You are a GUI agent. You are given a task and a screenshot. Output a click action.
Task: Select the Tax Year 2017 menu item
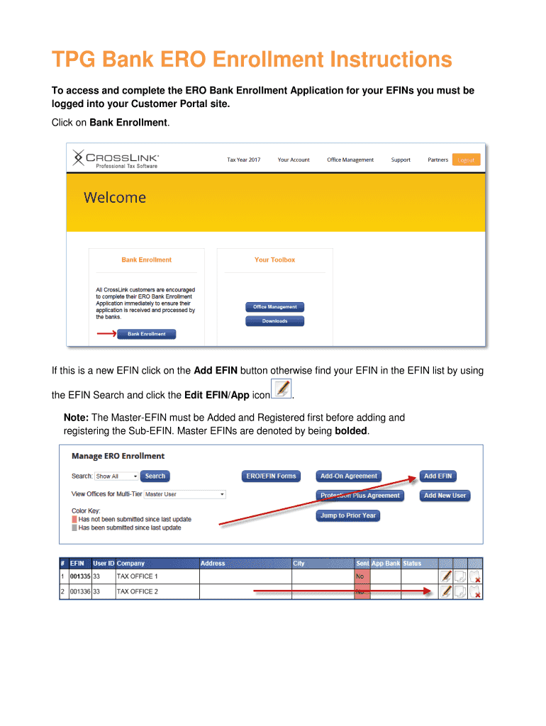click(x=243, y=160)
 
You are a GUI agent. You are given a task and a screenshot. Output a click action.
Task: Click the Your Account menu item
click(x=294, y=160)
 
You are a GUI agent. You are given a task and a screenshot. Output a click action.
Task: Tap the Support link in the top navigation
click(x=401, y=160)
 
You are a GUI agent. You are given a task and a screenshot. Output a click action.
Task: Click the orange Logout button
click(x=466, y=160)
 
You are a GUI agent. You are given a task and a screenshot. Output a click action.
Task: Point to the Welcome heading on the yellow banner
click(x=115, y=198)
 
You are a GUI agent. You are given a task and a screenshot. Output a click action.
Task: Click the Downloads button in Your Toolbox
click(x=274, y=321)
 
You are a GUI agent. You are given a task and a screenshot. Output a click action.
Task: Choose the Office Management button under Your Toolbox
click(x=274, y=307)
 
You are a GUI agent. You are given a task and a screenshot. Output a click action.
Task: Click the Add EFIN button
click(x=438, y=476)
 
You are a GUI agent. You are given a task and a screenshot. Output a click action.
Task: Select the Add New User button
click(x=445, y=496)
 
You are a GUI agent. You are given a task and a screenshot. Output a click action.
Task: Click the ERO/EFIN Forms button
click(x=271, y=476)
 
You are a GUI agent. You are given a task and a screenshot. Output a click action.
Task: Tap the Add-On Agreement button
click(x=349, y=476)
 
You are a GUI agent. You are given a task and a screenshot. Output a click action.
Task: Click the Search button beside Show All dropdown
click(x=155, y=476)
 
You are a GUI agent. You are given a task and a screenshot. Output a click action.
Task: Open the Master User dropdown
click(x=184, y=494)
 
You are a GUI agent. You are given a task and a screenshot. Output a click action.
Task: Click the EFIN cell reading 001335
click(x=79, y=576)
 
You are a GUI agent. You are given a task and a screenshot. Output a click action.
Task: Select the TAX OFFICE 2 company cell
click(x=137, y=591)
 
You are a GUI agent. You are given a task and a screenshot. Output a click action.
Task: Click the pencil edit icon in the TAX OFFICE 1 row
click(x=445, y=576)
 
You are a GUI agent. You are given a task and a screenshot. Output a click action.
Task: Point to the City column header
click(x=299, y=564)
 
